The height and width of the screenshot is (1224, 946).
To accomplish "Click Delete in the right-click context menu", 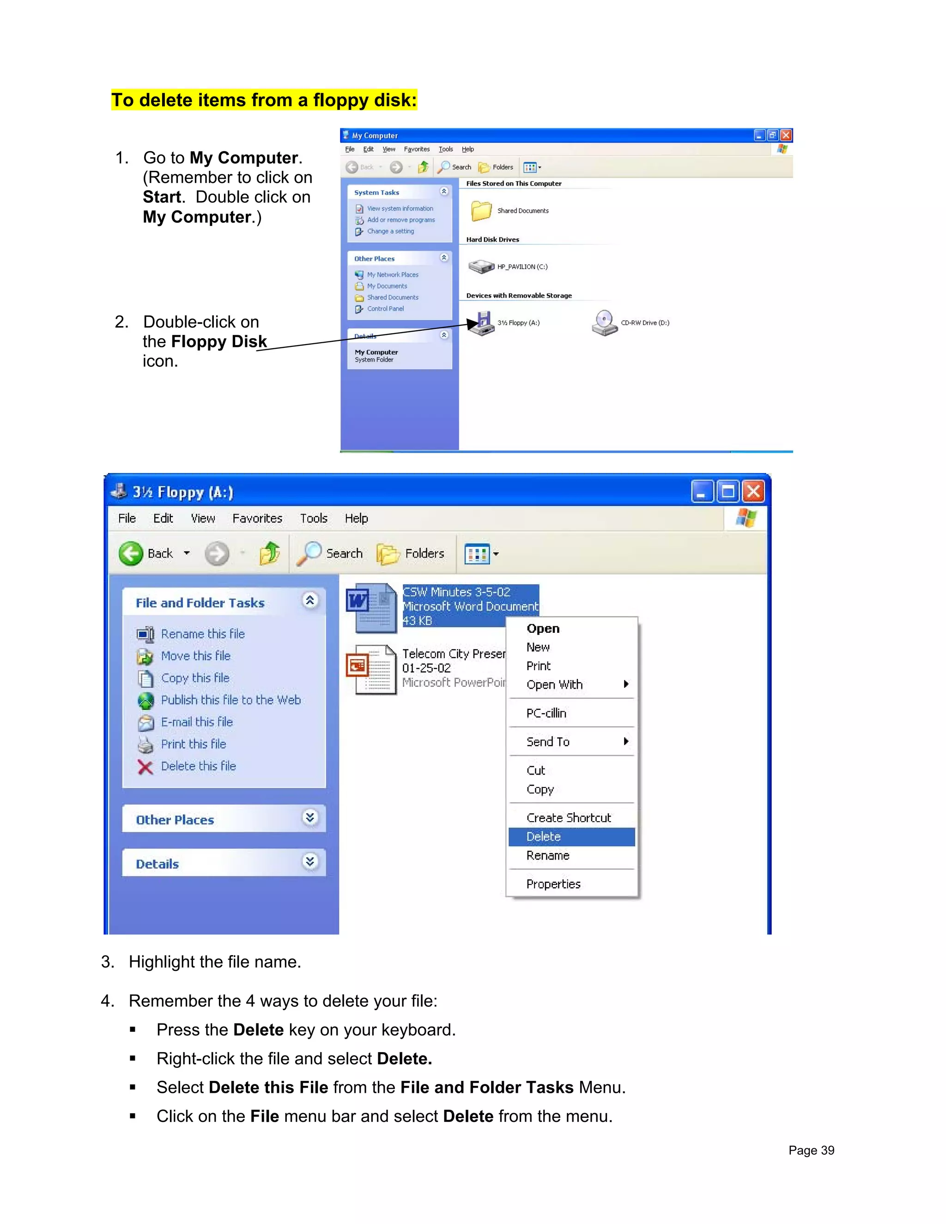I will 543,837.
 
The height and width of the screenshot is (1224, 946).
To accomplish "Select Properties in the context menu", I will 553,885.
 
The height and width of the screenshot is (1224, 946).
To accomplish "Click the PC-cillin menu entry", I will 546,714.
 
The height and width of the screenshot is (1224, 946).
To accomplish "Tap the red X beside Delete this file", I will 145,767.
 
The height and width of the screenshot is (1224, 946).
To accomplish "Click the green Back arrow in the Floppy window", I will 131,554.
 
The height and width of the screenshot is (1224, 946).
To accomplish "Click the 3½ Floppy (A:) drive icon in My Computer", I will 481,323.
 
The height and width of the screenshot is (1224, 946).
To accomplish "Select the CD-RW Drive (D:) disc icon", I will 604,323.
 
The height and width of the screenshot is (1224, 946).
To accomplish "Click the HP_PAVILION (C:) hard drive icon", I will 481,267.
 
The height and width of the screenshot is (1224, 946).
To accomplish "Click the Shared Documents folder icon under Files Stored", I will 481,211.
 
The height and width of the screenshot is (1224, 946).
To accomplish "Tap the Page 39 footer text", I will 811,1150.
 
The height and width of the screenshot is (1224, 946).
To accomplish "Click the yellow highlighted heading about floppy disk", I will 264,100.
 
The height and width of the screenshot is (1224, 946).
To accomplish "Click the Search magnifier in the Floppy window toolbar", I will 309,553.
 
